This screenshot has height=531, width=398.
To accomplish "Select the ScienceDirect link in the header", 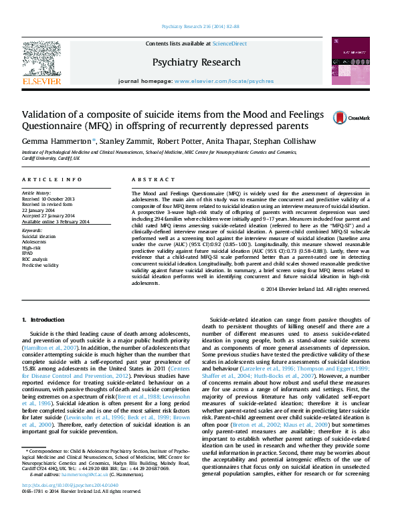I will click(229, 43).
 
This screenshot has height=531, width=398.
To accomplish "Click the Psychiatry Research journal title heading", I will click(196, 62).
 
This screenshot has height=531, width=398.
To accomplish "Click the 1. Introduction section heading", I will click(43, 320).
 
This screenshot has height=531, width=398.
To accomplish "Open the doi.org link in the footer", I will click(70, 504).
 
